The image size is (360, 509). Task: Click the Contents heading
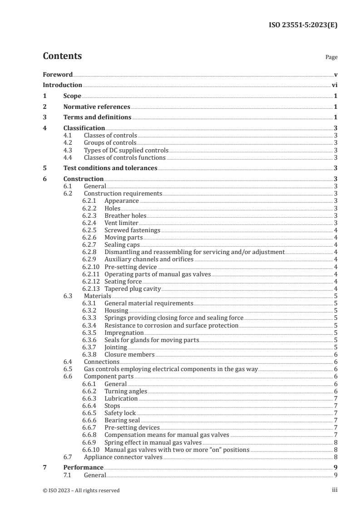(x=62, y=56)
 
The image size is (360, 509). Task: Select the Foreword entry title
(x=58, y=74)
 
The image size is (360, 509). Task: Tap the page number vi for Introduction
(x=334, y=85)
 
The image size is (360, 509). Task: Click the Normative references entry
(x=97, y=107)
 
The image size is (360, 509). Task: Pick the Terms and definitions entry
(x=97, y=117)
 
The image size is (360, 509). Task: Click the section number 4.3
(x=69, y=150)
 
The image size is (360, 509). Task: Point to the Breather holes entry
(x=125, y=215)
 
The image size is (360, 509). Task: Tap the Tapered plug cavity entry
(x=133, y=289)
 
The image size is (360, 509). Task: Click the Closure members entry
(x=129, y=354)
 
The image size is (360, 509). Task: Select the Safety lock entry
(x=120, y=413)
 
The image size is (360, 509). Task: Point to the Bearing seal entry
(x=122, y=420)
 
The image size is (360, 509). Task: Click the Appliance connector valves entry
(x=123, y=457)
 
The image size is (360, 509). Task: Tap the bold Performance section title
(x=83, y=467)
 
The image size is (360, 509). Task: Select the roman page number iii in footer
(x=334, y=490)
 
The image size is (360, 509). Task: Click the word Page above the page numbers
(x=331, y=57)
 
